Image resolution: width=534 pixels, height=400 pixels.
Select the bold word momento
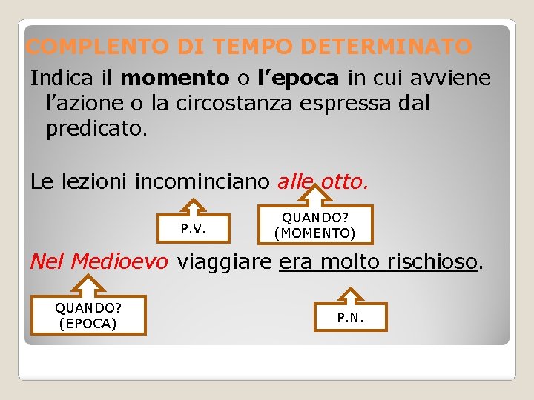[x=175, y=77]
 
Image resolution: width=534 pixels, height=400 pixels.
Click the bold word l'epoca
[x=297, y=77]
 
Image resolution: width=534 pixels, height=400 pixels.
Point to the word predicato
[x=96, y=129]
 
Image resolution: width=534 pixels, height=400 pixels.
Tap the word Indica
[x=56, y=77]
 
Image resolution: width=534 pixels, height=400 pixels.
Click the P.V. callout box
[x=194, y=230]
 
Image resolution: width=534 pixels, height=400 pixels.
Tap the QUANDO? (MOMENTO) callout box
[x=315, y=225]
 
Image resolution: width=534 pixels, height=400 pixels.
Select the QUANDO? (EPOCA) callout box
[x=88, y=315]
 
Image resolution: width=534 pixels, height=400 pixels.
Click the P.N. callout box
[x=351, y=318]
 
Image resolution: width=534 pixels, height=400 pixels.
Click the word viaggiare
[x=224, y=262]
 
